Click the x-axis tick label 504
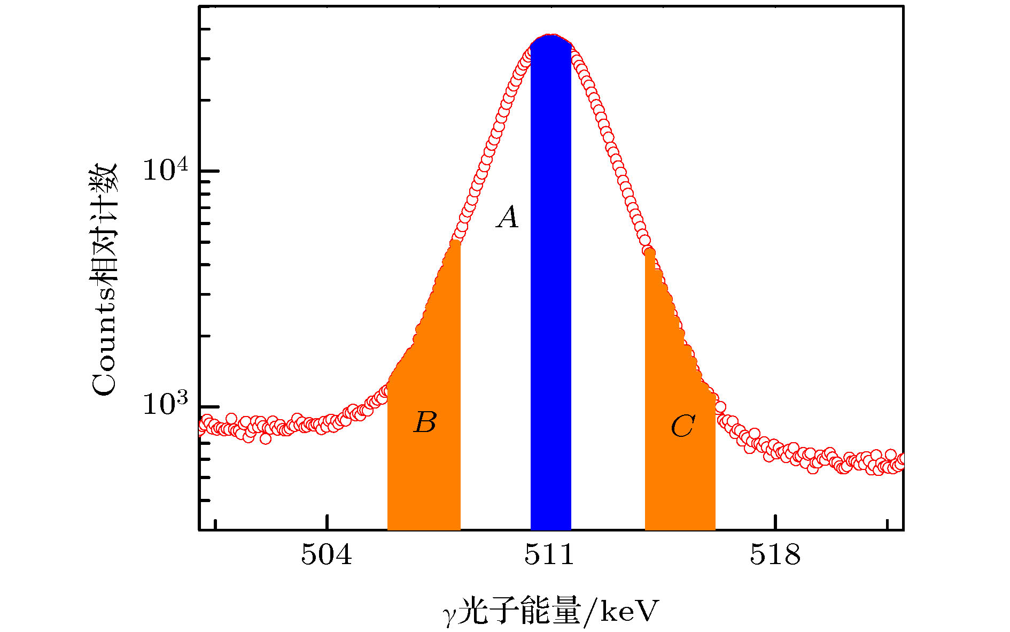click(327, 555)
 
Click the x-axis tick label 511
click(549, 555)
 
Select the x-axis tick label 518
click(775, 555)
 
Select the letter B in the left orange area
click(425, 422)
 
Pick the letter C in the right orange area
click(682, 427)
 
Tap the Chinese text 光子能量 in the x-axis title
click(519, 611)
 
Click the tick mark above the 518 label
click(775, 522)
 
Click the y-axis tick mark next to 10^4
click(209, 171)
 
